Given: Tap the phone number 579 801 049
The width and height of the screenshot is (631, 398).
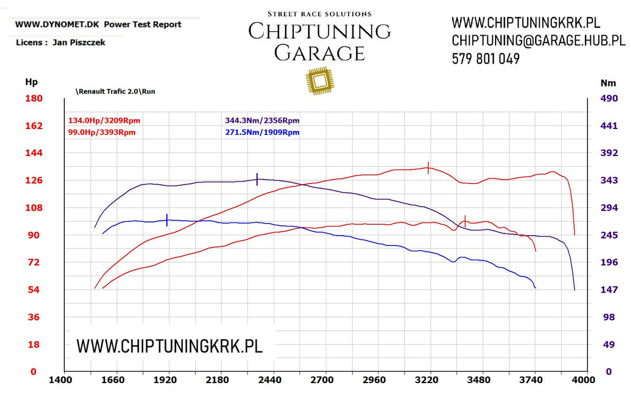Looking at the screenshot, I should click(485, 58).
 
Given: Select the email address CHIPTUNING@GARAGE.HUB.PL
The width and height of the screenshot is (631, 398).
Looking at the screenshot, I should click(538, 41).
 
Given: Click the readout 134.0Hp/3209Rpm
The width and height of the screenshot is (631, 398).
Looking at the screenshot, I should click(104, 120).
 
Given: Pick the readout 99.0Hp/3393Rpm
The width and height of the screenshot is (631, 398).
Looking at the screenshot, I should click(102, 132).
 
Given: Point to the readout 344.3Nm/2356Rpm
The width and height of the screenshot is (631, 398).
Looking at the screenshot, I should click(262, 120).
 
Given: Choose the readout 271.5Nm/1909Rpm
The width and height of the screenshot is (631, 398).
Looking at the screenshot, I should click(262, 132).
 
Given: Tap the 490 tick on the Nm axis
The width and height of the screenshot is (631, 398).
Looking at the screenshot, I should click(609, 99).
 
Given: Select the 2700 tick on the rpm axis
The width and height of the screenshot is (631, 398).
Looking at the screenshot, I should click(322, 380).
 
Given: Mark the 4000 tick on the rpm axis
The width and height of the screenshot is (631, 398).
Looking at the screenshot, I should click(585, 380).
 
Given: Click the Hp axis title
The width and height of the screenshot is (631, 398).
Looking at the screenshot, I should click(31, 83).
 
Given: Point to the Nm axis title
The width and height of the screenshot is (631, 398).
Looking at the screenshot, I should click(608, 83).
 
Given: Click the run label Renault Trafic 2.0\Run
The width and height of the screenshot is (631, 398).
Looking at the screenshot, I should click(115, 91).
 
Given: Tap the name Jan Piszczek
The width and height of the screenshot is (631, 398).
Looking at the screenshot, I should click(79, 42).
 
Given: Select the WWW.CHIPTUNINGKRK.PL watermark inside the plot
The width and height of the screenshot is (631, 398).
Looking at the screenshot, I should click(169, 346).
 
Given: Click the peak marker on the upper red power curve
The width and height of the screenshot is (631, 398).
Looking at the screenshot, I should click(429, 167).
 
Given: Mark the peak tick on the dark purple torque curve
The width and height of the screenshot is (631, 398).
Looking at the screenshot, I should click(257, 179).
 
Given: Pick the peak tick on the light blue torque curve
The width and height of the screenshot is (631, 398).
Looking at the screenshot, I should click(167, 220).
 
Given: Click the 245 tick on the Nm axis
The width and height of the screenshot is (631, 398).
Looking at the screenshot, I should click(609, 235).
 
